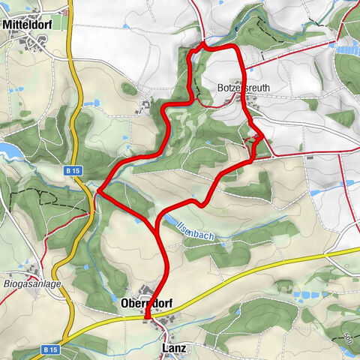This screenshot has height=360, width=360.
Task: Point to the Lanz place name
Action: (x=173, y=349)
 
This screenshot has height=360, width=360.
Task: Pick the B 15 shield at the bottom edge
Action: (x=50, y=349)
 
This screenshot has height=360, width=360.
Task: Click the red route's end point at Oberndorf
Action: (x=147, y=317)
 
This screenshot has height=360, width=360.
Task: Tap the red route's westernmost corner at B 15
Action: (x=97, y=192)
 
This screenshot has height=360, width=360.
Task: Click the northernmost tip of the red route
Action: (x=202, y=45)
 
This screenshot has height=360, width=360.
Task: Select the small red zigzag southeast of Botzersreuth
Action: (x=257, y=137)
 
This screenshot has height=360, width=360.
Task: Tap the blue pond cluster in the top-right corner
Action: (x=347, y=49)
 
